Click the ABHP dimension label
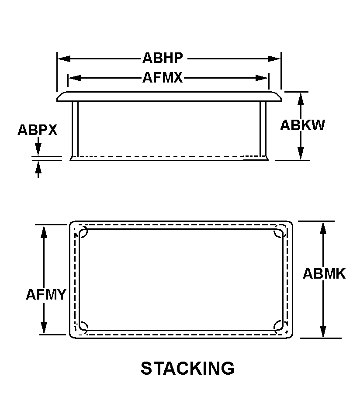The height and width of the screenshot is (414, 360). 163,58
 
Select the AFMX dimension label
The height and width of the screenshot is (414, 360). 163,78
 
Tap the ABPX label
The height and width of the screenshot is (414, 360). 37,130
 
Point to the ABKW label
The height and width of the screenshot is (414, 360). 302,125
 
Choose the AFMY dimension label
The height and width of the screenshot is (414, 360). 45,295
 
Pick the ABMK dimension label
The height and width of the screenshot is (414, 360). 324,274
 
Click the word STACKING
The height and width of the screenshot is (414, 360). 187,369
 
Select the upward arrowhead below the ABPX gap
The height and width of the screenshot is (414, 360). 38,166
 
